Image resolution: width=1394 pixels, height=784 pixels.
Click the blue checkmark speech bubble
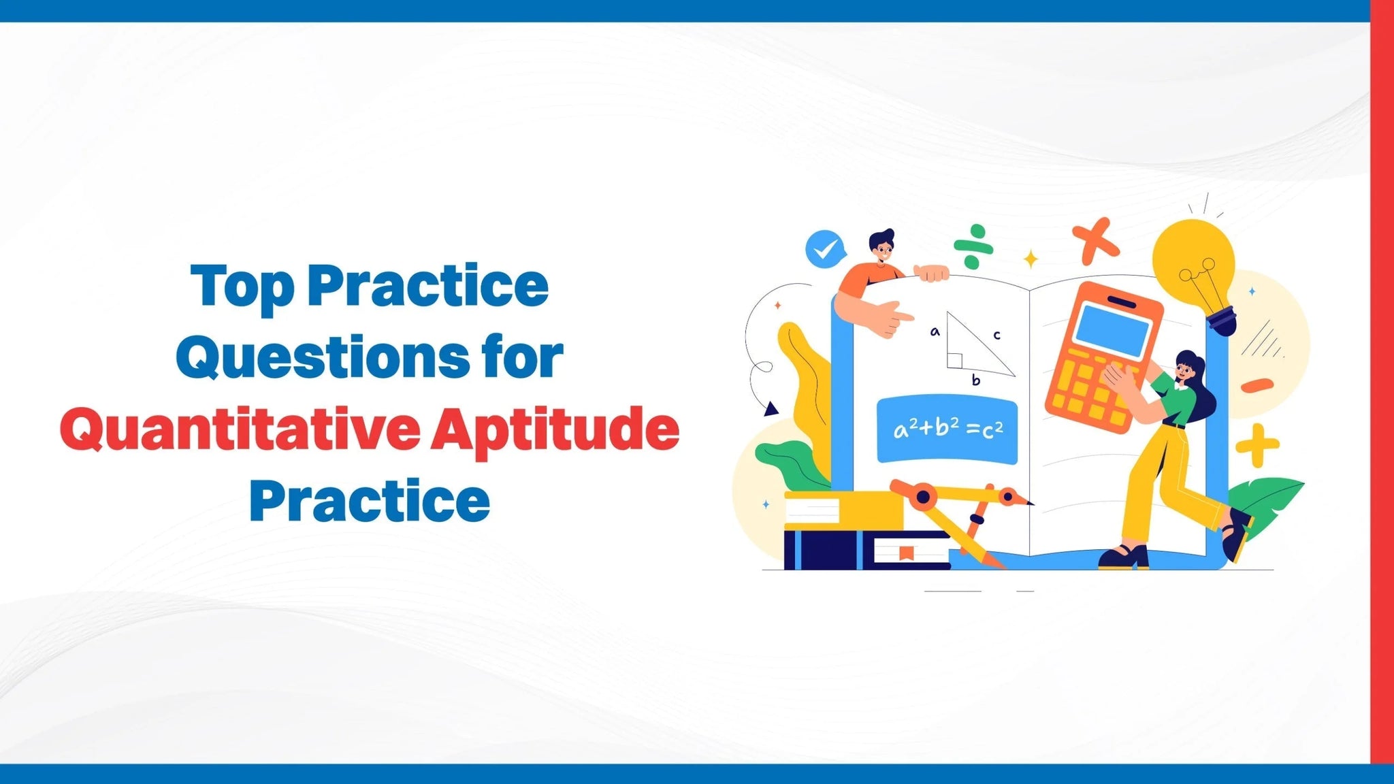point(826,249)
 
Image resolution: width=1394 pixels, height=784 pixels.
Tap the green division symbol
point(973,247)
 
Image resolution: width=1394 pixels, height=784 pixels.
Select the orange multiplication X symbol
point(1095,241)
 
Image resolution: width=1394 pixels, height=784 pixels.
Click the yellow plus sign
point(1257,446)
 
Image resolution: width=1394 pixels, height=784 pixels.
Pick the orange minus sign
point(1257,386)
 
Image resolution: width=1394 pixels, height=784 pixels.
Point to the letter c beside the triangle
point(996,335)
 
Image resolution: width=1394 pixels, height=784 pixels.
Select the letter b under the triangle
point(975,380)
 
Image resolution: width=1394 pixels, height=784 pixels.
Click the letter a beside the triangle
point(935,332)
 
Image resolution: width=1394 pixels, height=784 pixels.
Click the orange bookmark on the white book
point(905,553)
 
